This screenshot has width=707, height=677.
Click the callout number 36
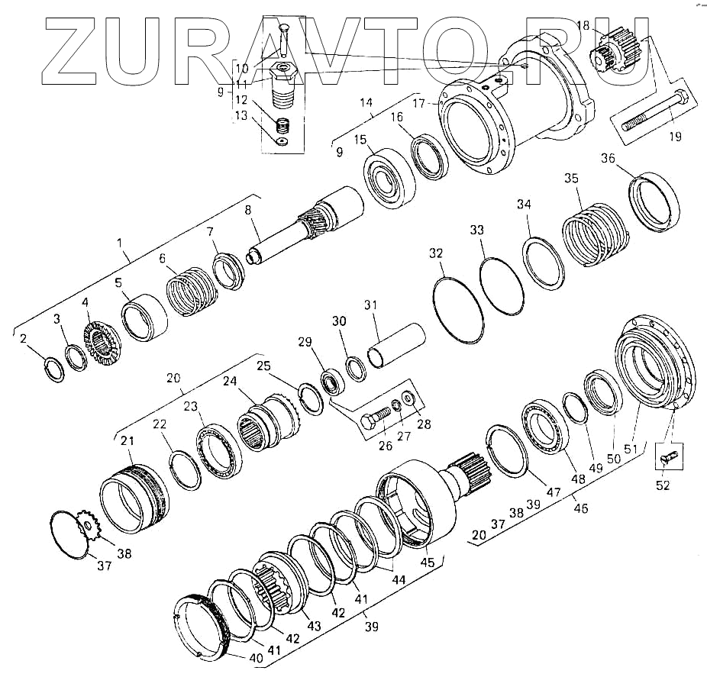pos(609,159)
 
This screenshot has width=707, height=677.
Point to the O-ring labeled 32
pos(457,311)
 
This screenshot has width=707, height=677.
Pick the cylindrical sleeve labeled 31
pos(397,345)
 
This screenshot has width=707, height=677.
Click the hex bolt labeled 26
pos(376,417)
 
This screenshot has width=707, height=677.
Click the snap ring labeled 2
pos(55,369)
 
